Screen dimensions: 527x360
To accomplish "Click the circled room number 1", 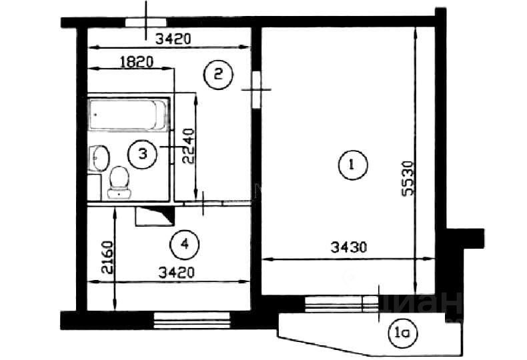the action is [x=353, y=165].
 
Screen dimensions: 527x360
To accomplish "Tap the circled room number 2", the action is [x=218, y=74].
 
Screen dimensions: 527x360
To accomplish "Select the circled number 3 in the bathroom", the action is [x=143, y=154].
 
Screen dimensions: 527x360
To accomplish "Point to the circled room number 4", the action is [x=185, y=245].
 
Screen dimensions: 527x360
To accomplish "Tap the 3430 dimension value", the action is [x=349, y=247].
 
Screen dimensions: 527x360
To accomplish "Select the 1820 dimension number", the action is [x=137, y=62].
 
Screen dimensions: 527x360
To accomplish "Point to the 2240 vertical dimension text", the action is [x=189, y=146].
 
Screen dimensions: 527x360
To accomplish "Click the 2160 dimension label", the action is [x=107, y=257].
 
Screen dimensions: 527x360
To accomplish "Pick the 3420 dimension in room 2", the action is [x=173, y=39].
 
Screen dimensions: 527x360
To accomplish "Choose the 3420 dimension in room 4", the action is [x=177, y=273].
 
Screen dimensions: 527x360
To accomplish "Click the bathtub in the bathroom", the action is [x=128, y=114].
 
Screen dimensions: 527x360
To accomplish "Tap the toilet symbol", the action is [x=119, y=183].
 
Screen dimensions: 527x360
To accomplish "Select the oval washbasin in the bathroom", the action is [x=100, y=158].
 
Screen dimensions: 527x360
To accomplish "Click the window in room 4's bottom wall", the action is [x=192, y=320].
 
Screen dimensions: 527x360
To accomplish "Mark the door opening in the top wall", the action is [x=146, y=23].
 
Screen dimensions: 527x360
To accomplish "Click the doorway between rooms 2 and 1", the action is [x=257, y=89].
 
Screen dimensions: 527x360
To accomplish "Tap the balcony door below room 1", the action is [x=342, y=304].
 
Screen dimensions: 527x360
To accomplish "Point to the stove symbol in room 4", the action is [x=155, y=217].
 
